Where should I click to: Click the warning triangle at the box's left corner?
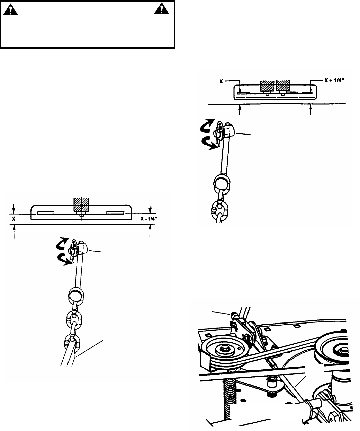(12, 11)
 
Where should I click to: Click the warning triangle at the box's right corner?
(160, 10)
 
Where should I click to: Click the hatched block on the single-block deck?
(81, 205)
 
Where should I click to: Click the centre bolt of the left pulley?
(223, 349)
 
